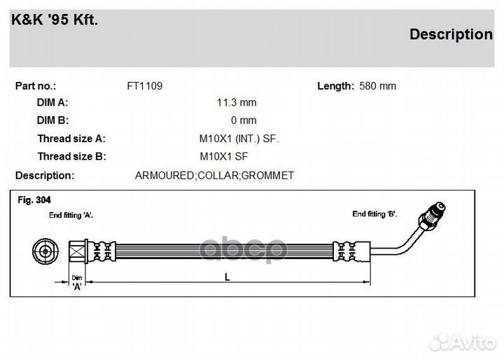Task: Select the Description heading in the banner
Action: (450, 34)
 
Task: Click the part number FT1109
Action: (144, 86)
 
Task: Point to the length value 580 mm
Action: (377, 86)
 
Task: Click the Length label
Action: (335, 86)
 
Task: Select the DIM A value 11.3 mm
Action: (237, 103)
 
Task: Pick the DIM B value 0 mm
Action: (244, 120)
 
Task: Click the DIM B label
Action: (52, 120)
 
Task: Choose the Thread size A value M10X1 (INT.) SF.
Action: (239, 139)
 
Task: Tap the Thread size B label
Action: (71, 156)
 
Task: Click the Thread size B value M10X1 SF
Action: (224, 156)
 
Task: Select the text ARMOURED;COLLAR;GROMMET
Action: (214, 175)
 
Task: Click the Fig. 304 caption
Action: (34, 200)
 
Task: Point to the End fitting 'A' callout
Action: (71, 216)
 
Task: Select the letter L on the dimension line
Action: (227, 277)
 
